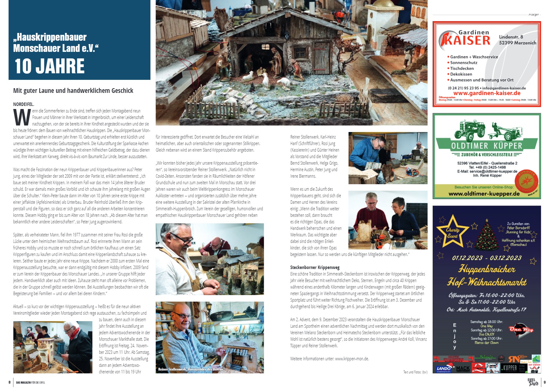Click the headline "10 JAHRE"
click(x=50, y=66)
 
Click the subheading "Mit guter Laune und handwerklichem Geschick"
click(x=73, y=91)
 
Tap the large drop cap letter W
click(x=22, y=117)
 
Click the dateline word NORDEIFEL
click(x=24, y=104)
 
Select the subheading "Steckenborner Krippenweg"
click(x=315, y=267)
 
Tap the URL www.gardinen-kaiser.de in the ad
click(x=487, y=93)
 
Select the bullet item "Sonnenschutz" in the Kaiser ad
click(x=464, y=63)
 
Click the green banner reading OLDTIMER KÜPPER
click(x=487, y=146)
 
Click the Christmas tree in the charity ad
click(x=487, y=236)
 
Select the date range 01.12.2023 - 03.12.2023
click(x=487, y=258)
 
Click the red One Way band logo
click(x=521, y=330)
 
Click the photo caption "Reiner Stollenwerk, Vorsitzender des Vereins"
click(x=191, y=369)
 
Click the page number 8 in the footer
click(x=10, y=382)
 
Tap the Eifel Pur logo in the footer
click(x=533, y=382)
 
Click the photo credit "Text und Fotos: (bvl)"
click(x=415, y=372)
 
